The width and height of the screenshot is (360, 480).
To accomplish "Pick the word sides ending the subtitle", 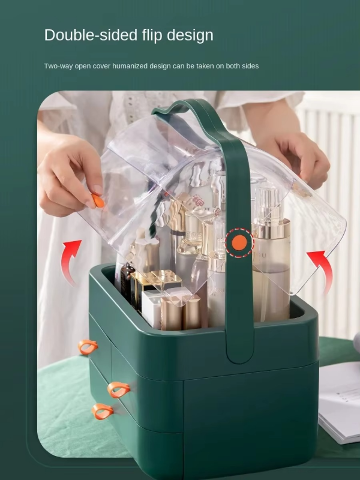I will coord(249,66).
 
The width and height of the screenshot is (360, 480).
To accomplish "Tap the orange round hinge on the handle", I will coord(239,242).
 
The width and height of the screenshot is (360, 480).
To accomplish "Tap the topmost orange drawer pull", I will coord(88,346).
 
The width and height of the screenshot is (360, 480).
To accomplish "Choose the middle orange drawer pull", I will coord(118,389).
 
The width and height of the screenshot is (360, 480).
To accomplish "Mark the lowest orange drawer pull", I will coord(102,411).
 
